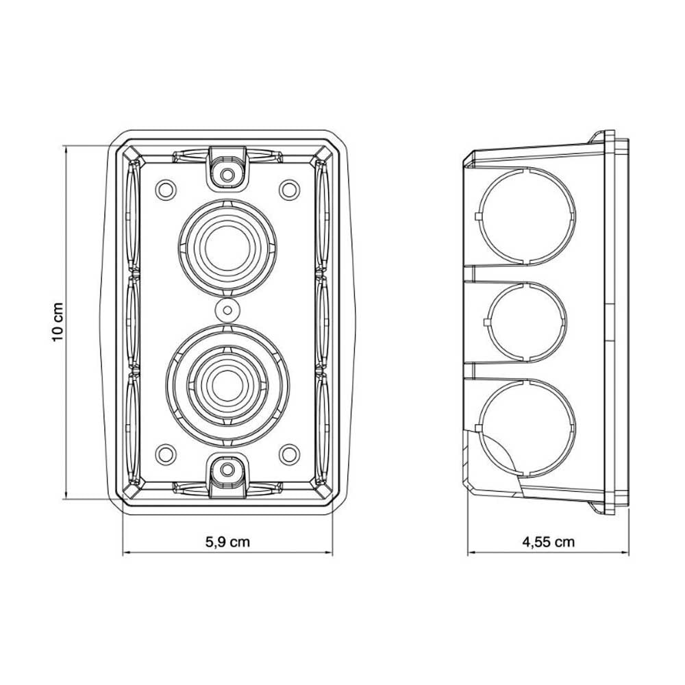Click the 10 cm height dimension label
click(x=58, y=322)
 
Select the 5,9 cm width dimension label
click(x=227, y=542)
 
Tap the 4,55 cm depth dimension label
click(x=548, y=542)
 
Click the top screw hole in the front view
click(x=227, y=175)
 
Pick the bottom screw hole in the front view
click(x=227, y=470)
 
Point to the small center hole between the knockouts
click(x=227, y=310)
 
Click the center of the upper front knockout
click(x=227, y=248)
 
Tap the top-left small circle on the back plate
click(x=166, y=190)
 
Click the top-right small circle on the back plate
click(x=289, y=190)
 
